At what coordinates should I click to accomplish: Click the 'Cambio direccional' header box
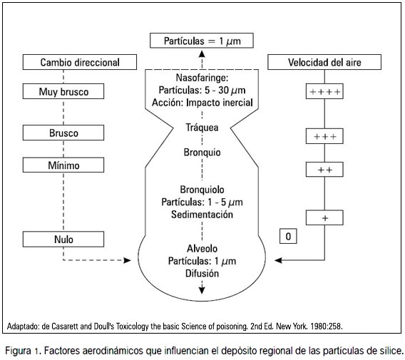(80, 62)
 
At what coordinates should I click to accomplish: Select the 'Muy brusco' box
(63, 91)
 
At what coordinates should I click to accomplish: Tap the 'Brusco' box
(63, 133)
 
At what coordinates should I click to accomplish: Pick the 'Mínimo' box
(63, 165)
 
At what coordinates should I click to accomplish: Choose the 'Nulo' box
(63, 239)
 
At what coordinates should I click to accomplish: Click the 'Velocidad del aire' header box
(324, 62)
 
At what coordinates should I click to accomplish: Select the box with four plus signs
(324, 91)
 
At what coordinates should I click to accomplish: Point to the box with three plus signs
(324, 136)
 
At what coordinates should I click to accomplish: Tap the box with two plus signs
(324, 170)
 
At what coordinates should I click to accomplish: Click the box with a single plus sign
(324, 217)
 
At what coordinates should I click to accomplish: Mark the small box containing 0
(288, 236)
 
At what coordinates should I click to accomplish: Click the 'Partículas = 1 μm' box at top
(202, 41)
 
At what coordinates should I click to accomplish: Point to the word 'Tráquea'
(202, 128)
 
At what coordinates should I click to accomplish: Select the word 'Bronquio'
(202, 152)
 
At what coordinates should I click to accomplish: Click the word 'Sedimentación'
(202, 215)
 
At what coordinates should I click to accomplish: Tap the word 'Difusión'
(202, 273)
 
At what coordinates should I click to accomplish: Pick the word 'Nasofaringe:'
(202, 78)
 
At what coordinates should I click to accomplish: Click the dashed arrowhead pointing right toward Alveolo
(127, 260)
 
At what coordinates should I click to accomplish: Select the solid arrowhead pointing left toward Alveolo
(278, 260)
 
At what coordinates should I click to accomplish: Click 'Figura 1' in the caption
(21, 351)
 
